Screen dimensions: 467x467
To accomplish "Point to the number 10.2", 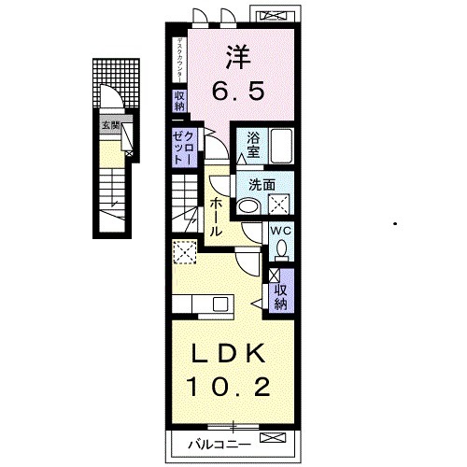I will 230,386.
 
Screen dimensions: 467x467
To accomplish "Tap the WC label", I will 280,230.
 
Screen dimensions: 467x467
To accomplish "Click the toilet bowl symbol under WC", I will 281,249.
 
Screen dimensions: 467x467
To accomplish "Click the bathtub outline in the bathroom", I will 280,147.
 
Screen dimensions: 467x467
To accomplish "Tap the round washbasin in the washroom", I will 248,206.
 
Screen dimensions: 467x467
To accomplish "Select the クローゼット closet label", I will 181,147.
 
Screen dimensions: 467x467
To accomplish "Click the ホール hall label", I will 216,215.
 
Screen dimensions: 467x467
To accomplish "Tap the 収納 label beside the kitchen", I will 280,296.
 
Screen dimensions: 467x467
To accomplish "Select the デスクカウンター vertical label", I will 178,59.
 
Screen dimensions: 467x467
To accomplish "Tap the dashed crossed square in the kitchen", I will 184,250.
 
